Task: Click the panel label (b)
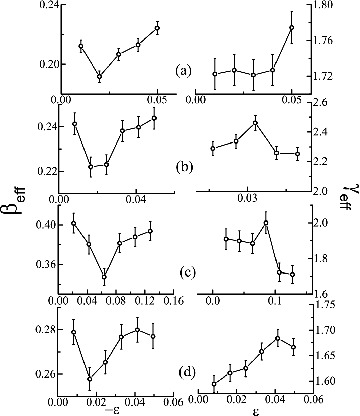(184, 167)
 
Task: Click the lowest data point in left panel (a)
(99, 76)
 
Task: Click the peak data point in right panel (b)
(255, 123)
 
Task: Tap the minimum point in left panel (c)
(104, 277)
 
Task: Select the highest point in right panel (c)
(266, 223)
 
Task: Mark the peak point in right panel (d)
(278, 338)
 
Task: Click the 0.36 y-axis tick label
(44, 264)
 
